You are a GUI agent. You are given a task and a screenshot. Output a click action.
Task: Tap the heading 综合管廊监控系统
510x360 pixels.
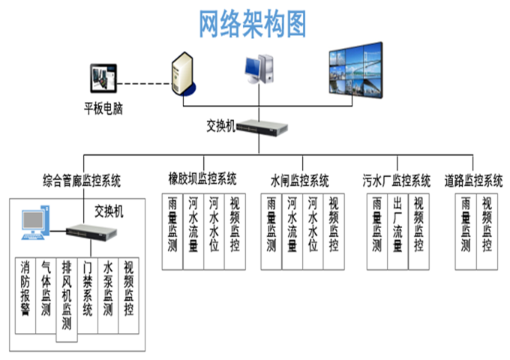(x=81, y=180)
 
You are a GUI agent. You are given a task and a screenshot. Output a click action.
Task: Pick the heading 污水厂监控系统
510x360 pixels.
(x=396, y=180)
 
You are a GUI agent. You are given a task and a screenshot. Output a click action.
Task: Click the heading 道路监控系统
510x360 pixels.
(x=473, y=180)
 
